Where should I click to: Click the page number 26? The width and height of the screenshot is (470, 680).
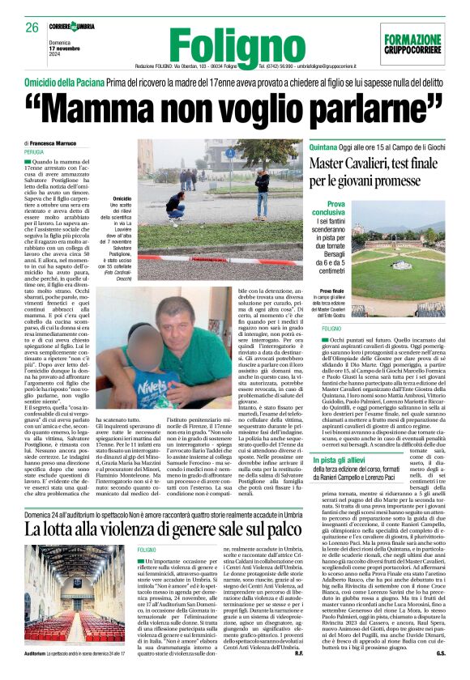point(32,28)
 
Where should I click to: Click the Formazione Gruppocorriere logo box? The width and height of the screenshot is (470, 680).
point(412,45)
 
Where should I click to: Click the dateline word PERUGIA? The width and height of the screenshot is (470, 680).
point(34,151)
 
